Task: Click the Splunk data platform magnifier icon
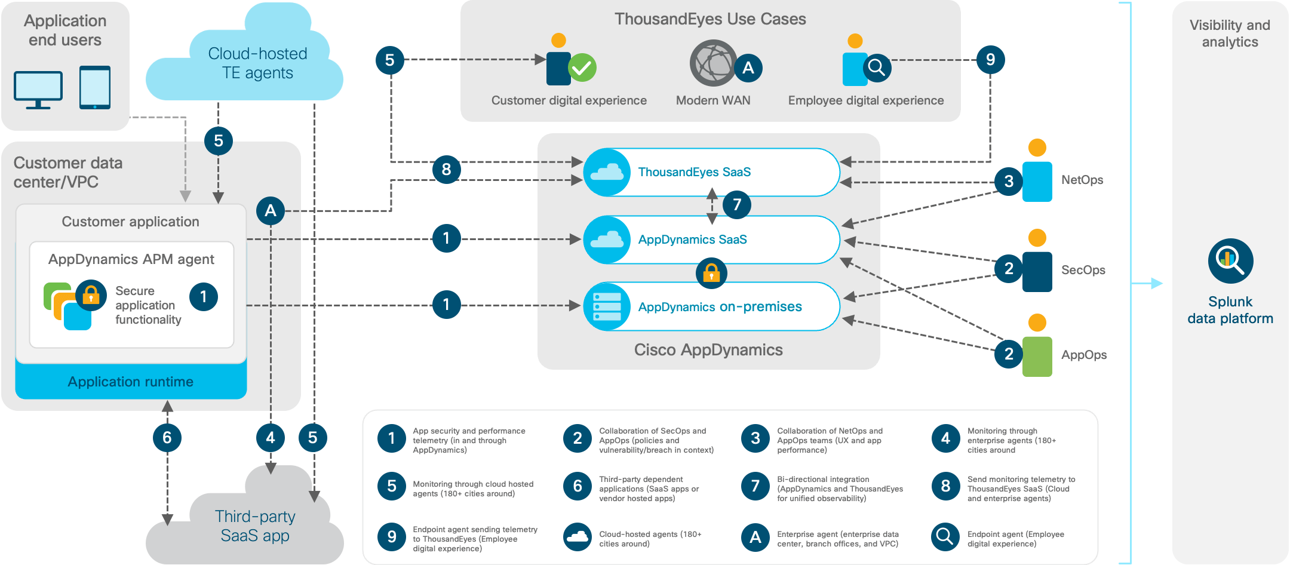[1230, 261]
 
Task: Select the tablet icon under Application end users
[95, 87]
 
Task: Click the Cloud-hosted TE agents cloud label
[257, 63]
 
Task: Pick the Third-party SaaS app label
[255, 526]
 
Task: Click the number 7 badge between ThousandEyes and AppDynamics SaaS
[737, 205]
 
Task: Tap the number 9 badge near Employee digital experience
[990, 60]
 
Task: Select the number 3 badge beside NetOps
[1009, 181]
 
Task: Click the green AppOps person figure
[1037, 356]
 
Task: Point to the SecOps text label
[1083, 270]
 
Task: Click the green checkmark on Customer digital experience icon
[582, 68]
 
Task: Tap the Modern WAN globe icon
[712, 63]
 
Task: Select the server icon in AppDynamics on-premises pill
[607, 307]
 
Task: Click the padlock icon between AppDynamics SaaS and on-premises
[711, 274]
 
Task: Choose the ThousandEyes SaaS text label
[694, 172]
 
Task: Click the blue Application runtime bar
[131, 382]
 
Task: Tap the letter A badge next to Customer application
[271, 211]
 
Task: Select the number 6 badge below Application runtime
[167, 438]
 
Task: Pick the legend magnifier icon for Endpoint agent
[945, 537]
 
